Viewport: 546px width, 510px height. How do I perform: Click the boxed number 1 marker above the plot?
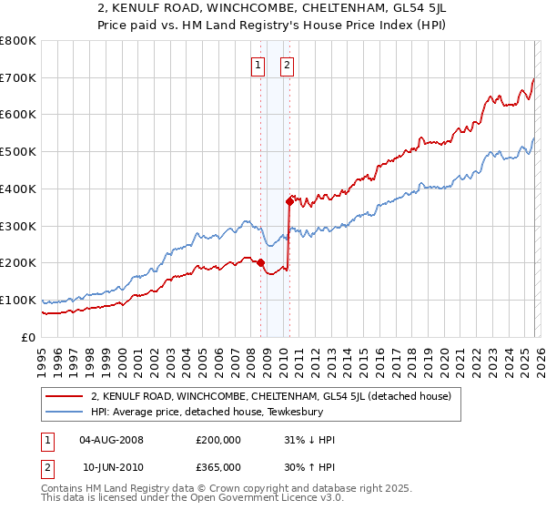(258, 65)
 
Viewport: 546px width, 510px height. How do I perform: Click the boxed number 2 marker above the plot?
(287, 65)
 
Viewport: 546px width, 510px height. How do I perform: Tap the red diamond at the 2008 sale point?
(260, 262)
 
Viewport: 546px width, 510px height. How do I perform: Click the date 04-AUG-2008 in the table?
(112, 440)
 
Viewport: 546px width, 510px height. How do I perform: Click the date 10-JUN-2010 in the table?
(112, 466)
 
